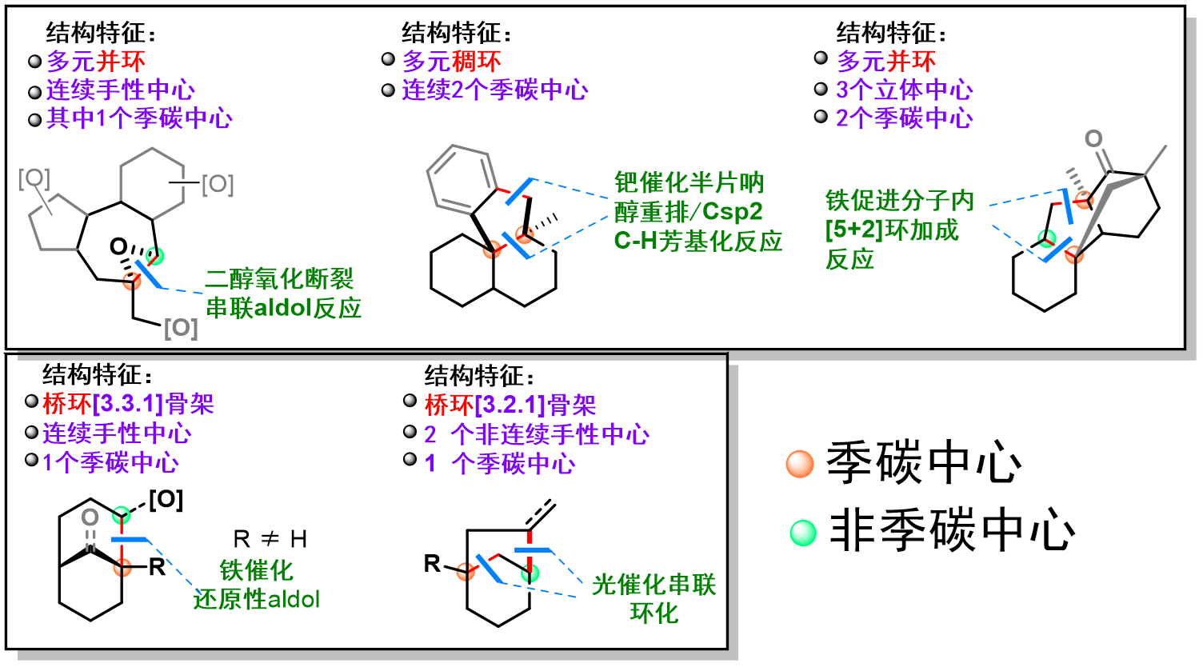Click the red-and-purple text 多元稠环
[451, 62]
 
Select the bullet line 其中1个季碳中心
[139, 119]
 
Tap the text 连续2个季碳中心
[494, 90]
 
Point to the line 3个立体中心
[904, 90]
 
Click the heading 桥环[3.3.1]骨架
[128, 405]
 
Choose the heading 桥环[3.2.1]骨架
[510, 405]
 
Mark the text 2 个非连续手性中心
[536, 435]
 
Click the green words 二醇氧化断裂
[279, 279]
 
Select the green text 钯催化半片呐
[689, 183]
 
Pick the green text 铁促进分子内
[900, 201]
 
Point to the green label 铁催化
[256, 570]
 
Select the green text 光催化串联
[653, 585]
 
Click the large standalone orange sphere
[800, 464]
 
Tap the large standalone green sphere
[803, 533]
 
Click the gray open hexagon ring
[152, 183]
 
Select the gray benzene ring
[459, 179]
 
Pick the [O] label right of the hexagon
[218, 185]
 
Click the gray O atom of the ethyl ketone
[1093, 139]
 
